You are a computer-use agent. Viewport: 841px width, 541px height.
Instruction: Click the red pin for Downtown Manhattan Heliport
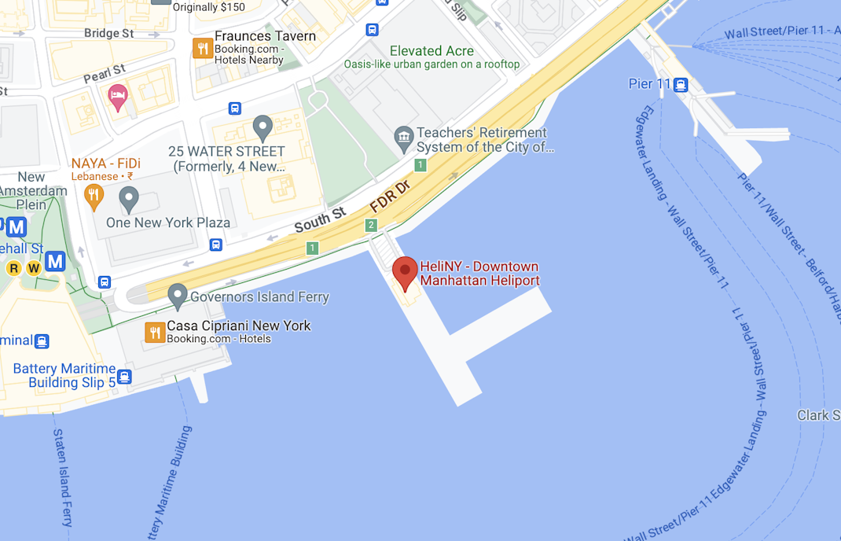tap(405, 272)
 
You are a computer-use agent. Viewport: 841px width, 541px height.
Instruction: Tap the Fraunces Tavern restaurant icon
tap(202, 48)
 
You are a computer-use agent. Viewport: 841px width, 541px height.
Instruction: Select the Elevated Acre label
tap(432, 51)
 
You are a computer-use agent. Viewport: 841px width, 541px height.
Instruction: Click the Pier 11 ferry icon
tap(681, 84)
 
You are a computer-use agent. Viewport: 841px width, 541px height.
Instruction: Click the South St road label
tap(320, 219)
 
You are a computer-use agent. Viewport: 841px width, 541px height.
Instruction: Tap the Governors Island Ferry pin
tap(178, 296)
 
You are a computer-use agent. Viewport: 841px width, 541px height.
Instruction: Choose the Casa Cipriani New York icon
tap(154, 332)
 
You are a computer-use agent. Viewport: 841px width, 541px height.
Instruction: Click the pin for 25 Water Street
tap(263, 126)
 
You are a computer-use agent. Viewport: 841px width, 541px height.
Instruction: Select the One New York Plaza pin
tap(128, 197)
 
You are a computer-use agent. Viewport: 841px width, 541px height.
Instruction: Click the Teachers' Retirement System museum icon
tap(404, 138)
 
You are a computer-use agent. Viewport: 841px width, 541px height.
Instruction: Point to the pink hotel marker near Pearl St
tap(117, 97)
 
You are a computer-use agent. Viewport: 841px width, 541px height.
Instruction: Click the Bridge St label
tap(108, 33)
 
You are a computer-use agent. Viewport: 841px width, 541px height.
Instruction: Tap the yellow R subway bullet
tap(13, 269)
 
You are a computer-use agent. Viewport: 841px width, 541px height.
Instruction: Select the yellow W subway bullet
tap(34, 269)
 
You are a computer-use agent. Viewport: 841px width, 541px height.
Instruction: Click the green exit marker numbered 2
tap(371, 226)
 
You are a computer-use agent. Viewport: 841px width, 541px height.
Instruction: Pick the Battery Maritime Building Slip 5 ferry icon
tap(123, 377)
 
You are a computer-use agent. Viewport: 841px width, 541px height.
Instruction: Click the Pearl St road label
tap(105, 75)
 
